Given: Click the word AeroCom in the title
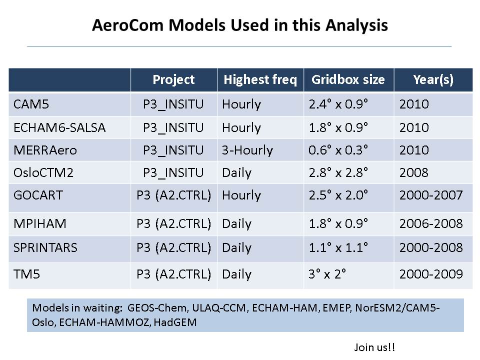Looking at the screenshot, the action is (128, 25).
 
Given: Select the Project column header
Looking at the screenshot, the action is (173, 80).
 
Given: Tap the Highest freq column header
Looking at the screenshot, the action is (260, 80).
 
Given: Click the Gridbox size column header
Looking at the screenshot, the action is (348, 79).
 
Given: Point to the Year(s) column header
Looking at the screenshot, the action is (433, 80).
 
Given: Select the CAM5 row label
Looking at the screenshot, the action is (31, 104).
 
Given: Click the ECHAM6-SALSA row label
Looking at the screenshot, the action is (59, 127).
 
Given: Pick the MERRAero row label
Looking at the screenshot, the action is (45, 150).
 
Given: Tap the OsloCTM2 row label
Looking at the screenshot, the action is (43, 173).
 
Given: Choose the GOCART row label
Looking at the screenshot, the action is (38, 195).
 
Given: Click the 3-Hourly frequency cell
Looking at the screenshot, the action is (247, 150).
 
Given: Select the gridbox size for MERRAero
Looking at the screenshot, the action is (338, 150).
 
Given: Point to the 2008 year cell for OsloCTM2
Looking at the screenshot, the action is (414, 173).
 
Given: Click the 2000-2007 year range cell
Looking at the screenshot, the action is (431, 195).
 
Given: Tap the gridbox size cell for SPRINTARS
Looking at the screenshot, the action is (338, 247).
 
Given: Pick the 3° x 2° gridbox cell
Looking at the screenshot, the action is (327, 274).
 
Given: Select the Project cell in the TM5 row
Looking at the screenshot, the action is (174, 274).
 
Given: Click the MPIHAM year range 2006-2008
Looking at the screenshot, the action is (431, 224).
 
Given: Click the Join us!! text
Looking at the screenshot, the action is (374, 347).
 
